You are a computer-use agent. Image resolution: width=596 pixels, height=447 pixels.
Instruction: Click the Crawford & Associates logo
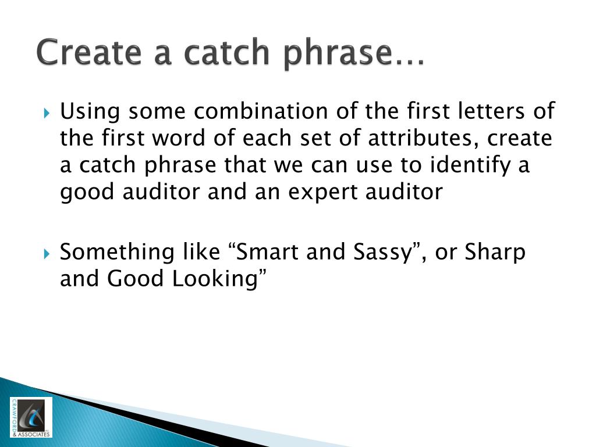[x=31, y=417]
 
